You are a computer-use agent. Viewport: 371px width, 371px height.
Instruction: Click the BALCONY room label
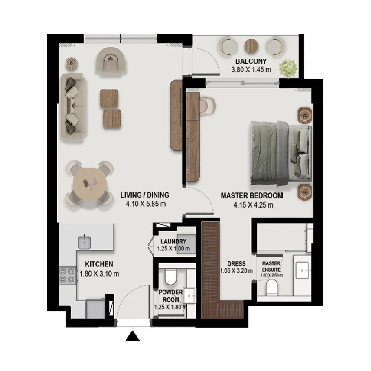click(x=251, y=61)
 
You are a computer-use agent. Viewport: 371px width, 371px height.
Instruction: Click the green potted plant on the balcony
click(x=288, y=68)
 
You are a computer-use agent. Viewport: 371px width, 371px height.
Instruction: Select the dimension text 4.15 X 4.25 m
click(x=253, y=205)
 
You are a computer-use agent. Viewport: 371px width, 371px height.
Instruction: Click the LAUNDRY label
click(x=173, y=241)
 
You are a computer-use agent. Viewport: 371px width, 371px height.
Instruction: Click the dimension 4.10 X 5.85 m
click(x=146, y=204)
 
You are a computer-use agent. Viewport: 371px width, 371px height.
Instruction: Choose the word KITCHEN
click(x=99, y=264)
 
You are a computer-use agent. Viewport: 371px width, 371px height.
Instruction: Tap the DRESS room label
click(x=236, y=264)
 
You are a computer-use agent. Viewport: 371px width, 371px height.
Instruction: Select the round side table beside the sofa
click(x=71, y=63)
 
